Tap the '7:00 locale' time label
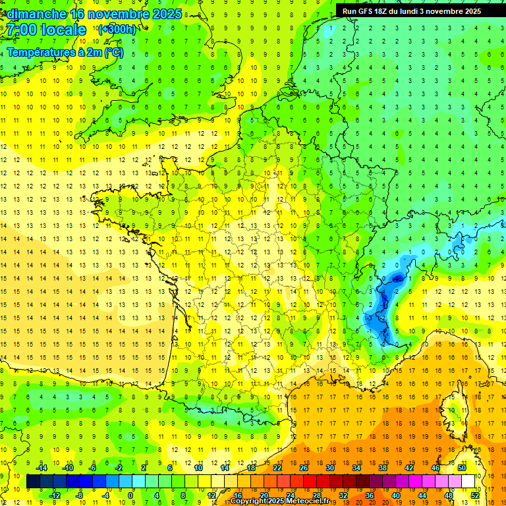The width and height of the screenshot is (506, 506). point(46,30)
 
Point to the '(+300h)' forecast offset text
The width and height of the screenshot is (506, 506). point(117,29)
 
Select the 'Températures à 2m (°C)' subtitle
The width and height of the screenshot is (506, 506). point(65,53)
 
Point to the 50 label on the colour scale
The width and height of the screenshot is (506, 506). point(462,468)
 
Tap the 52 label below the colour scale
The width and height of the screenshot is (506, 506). point(475,495)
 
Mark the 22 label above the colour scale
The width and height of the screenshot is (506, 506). point(277,468)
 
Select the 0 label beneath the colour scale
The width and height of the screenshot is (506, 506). point(130,495)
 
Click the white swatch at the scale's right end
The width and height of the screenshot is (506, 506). point(468,482)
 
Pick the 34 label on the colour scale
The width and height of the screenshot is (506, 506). point(356,468)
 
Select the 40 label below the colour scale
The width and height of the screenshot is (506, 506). point(396,495)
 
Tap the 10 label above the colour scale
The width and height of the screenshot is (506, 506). point(198,468)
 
